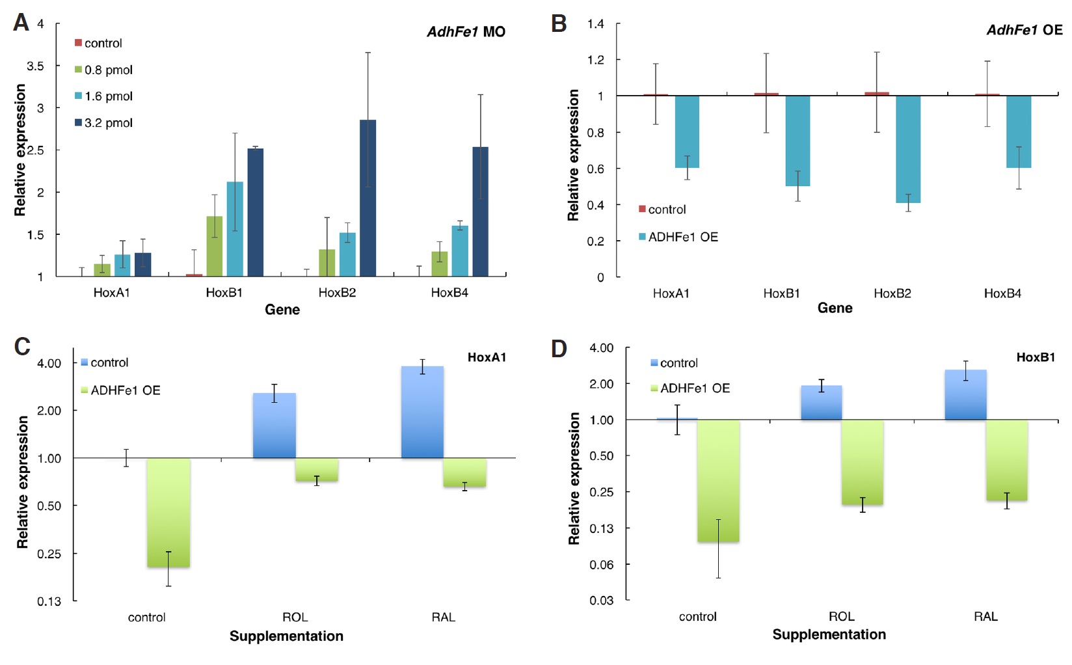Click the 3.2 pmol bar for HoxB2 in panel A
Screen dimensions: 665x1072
pyautogui.click(x=368, y=198)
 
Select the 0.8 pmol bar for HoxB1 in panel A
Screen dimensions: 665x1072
pyautogui.click(x=214, y=247)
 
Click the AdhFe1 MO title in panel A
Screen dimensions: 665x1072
pyautogui.click(x=466, y=32)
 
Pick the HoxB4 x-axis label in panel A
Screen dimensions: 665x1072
pyautogui.click(x=449, y=293)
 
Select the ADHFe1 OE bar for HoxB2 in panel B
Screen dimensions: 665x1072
pyautogui.click(x=908, y=150)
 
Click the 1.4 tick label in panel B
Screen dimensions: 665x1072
pyautogui.click(x=595, y=24)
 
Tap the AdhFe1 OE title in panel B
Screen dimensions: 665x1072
pyautogui.click(x=1024, y=30)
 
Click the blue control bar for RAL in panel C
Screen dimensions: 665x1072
pyautogui.click(x=422, y=413)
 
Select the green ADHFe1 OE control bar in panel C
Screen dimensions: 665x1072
pyautogui.click(x=168, y=513)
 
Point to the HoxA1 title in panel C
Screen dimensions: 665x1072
pyautogui.click(x=487, y=357)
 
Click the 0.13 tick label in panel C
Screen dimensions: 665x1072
pyautogui.click(x=49, y=601)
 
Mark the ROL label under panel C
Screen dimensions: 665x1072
pyautogui.click(x=295, y=617)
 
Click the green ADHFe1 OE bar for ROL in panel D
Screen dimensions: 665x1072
pyautogui.click(x=863, y=463)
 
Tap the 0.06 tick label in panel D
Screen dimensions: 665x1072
pyautogui.click(x=601, y=564)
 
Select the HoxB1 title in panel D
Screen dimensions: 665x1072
pyautogui.click(x=1036, y=357)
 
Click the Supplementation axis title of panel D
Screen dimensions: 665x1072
pyautogui.click(x=829, y=634)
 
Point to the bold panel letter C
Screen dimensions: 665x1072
pyautogui.click(x=22, y=346)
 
